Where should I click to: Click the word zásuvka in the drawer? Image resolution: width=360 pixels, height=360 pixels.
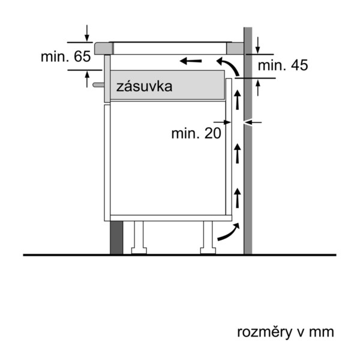[x=144, y=86]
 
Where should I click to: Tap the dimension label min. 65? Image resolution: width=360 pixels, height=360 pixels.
[x=65, y=56]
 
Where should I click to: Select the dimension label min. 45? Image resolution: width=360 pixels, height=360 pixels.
[x=283, y=65]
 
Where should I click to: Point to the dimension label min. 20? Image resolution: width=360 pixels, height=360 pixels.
[x=196, y=133]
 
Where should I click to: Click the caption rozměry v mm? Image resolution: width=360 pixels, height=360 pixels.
[x=286, y=332]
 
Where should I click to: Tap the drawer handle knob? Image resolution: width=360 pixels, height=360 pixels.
[x=98, y=85]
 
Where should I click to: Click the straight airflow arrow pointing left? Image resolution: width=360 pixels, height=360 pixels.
[x=191, y=61]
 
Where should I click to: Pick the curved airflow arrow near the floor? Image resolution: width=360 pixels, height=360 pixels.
[x=229, y=232]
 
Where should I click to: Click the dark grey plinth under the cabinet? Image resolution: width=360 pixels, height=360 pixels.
[x=116, y=238]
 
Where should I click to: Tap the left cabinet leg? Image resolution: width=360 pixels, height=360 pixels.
[x=139, y=238]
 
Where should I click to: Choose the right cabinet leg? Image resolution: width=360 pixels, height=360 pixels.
[x=208, y=238]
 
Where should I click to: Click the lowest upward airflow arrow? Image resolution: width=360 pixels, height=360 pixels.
[x=238, y=198]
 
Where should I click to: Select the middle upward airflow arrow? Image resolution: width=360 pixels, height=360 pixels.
[x=238, y=154]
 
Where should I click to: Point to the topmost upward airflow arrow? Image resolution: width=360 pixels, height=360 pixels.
[x=238, y=100]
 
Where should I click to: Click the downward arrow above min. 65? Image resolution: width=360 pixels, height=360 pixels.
[x=87, y=34]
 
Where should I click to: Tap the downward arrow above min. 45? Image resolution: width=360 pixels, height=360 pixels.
[x=258, y=46]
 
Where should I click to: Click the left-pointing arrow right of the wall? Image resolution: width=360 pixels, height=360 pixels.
[x=253, y=122]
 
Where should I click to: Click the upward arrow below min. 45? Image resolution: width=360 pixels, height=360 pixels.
[x=258, y=88]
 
